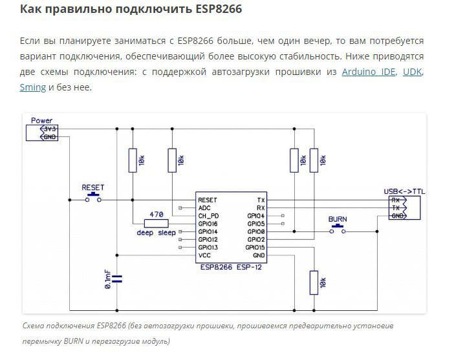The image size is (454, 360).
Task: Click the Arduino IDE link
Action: (x=367, y=72)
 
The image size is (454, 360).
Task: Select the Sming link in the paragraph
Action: (x=33, y=87)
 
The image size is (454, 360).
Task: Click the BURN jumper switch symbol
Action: (x=337, y=231)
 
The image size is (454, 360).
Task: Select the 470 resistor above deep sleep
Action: (x=156, y=223)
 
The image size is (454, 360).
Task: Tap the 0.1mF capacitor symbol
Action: (x=117, y=279)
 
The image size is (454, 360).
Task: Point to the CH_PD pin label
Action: (x=208, y=216)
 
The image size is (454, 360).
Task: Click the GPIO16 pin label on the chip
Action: (x=208, y=224)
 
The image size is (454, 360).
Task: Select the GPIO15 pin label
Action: (x=255, y=248)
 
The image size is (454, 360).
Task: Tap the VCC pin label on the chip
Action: (x=204, y=255)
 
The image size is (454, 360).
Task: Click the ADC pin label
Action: (x=204, y=208)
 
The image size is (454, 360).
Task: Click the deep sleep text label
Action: (x=155, y=233)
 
